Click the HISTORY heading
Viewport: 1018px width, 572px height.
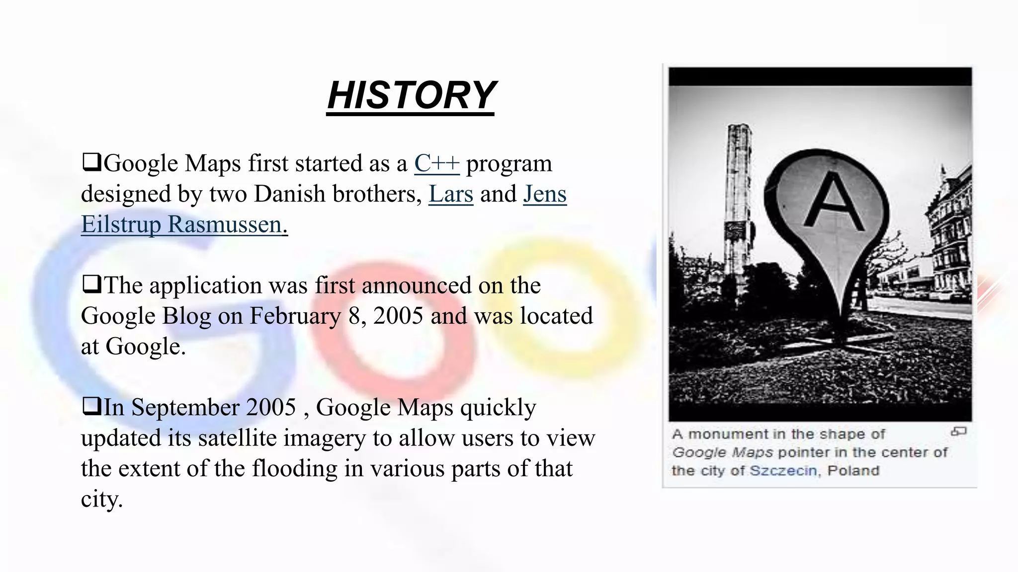[x=411, y=95]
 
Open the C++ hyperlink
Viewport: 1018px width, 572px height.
[x=437, y=163]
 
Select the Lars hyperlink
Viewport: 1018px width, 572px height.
[x=450, y=194]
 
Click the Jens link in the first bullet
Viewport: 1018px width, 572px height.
[x=545, y=194]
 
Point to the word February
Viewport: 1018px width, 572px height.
[x=295, y=316]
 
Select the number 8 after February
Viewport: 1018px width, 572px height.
[x=354, y=316]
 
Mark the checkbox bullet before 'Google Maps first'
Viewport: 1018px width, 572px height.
[x=91, y=162]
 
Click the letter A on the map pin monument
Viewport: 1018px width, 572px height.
[x=835, y=203]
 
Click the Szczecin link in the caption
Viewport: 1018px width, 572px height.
[x=783, y=471]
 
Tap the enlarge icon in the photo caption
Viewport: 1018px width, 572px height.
[x=958, y=432]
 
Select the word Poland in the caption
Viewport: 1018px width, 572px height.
[x=853, y=471]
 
